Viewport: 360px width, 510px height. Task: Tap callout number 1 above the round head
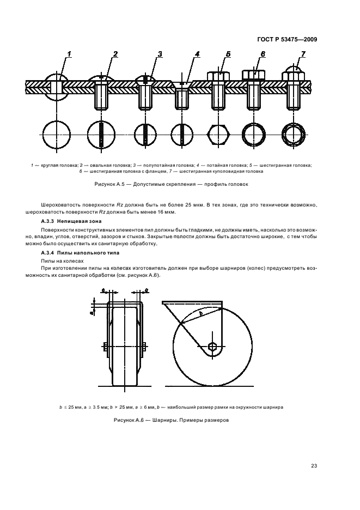click(70, 53)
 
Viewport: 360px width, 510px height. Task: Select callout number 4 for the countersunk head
click(197, 53)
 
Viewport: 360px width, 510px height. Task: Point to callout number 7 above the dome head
click(303, 53)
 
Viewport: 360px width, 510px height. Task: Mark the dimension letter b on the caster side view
click(201, 314)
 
